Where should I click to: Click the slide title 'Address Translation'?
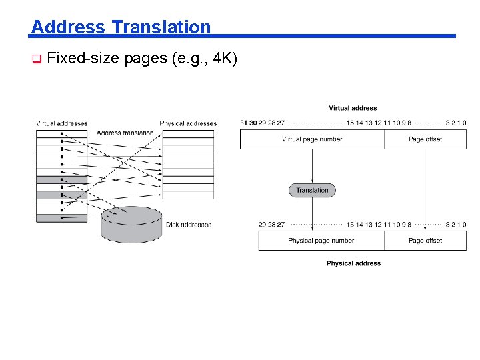point(121,27)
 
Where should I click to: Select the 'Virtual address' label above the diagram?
point(353,108)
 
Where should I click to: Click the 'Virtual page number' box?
point(312,139)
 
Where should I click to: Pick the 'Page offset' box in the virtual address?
point(425,139)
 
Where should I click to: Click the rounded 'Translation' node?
point(312,190)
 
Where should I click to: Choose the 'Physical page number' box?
point(321,241)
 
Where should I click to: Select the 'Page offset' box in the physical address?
point(425,241)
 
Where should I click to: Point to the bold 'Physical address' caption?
point(353,263)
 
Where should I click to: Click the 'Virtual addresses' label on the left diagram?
point(61,123)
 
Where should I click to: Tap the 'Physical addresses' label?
point(188,123)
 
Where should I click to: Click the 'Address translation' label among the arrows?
point(125,133)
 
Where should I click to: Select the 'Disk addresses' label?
point(189,225)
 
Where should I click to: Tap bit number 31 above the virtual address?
point(243,123)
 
